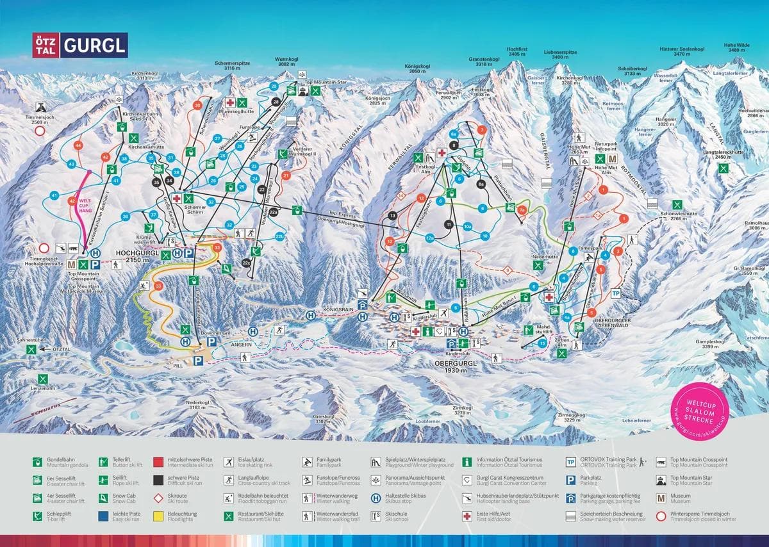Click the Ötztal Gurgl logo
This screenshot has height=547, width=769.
tap(79, 45)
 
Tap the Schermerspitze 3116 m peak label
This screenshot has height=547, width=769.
tap(233, 66)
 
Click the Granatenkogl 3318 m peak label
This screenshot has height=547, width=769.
tap(484, 61)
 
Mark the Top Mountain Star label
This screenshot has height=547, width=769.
tap(326, 83)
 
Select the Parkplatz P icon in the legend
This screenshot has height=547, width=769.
tap(570, 480)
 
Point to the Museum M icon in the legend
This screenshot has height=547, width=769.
tap(660, 498)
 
